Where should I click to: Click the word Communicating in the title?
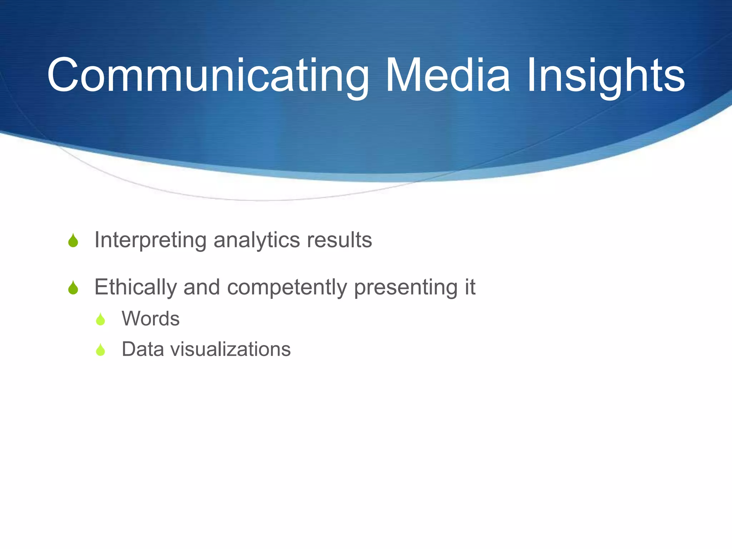tap(207, 76)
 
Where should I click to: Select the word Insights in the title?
tap(605, 76)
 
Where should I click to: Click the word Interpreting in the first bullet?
tap(150, 240)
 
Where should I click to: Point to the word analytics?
tap(257, 240)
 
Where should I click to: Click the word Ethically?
tap(135, 287)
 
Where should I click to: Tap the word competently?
tap(287, 288)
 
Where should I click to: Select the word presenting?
tap(405, 288)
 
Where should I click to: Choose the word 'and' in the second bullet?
tap(201, 287)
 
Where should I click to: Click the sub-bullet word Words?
tap(150, 318)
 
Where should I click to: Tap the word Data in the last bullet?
tap(143, 349)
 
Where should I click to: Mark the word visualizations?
tap(231, 349)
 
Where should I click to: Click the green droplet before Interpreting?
tap(73, 241)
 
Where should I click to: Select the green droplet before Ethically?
tap(73, 288)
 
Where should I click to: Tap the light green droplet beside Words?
tap(100, 319)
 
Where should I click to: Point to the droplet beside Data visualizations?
tap(100, 350)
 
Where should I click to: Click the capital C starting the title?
tap(63, 76)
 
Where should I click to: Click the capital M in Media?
tap(404, 76)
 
